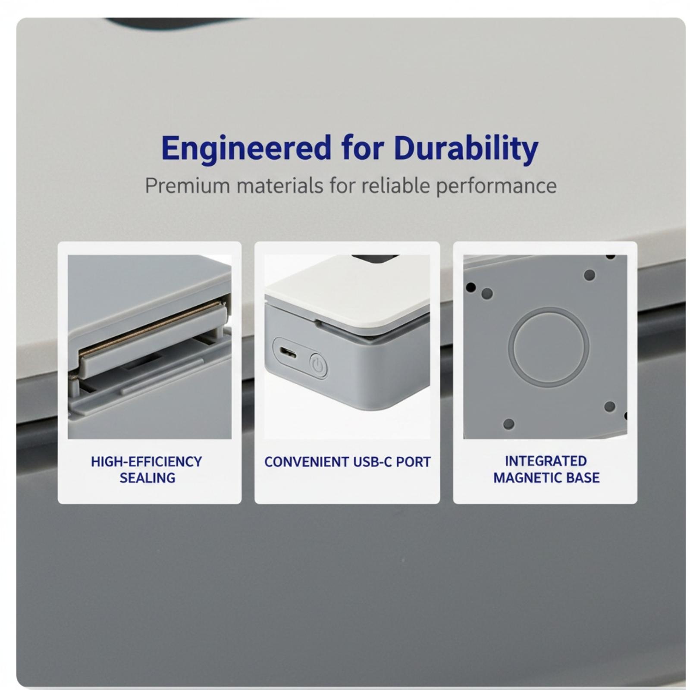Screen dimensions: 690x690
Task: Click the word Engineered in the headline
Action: [x=246, y=148]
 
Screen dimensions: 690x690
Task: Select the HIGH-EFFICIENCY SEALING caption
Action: [x=147, y=470]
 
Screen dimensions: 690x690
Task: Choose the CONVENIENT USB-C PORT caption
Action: [x=347, y=462]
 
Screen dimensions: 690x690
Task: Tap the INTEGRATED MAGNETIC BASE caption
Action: [x=546, y=469]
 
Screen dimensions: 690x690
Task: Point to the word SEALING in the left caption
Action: [x=147, y=478]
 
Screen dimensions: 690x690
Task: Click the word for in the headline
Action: [x=362, y=148]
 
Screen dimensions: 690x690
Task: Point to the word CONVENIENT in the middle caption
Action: [x=307, y=462]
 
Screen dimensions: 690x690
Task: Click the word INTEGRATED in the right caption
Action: [x=546, y=461]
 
